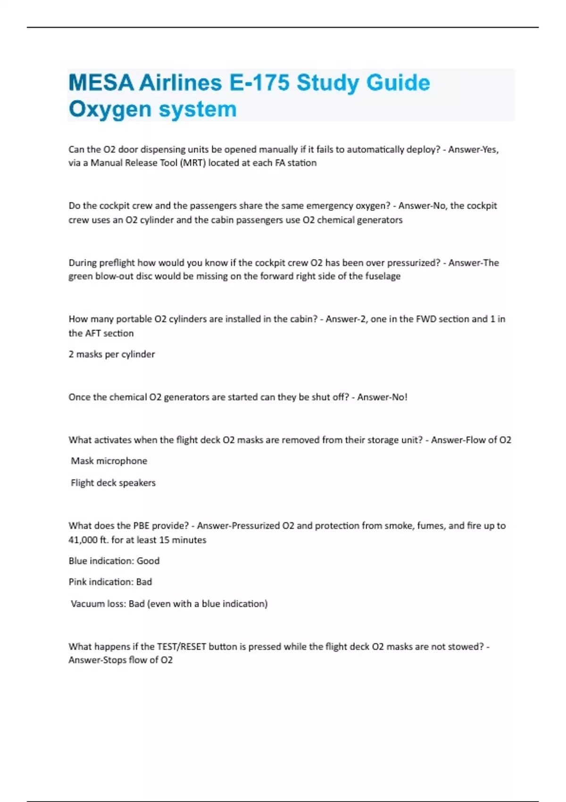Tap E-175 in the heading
click(x=259, y=83)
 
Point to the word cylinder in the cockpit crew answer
click(x=156, y=220)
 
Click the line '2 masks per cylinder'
click(x=112, y=354)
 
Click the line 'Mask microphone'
click(x=109, y=461)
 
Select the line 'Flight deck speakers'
click(x=113, y=483)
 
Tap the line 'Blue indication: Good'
click(x=114, y=561)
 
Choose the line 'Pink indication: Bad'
click(x=110, y=582)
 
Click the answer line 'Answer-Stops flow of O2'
click(x=121, y=660)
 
